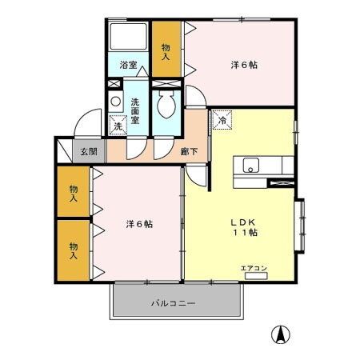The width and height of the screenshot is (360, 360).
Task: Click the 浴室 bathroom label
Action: click(127, 65)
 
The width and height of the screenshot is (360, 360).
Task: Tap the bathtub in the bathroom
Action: click(127, 37)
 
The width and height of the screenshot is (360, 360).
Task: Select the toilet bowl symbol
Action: click(167, 104)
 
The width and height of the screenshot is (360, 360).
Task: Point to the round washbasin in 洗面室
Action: click(116, 102)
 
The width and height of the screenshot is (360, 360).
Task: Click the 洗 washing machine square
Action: click(118, 126)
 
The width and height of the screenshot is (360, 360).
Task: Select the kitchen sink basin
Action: click(250, 166)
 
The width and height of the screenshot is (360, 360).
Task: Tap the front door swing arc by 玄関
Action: click(81, 126)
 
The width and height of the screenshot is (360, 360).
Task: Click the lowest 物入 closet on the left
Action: click(73, 250)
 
